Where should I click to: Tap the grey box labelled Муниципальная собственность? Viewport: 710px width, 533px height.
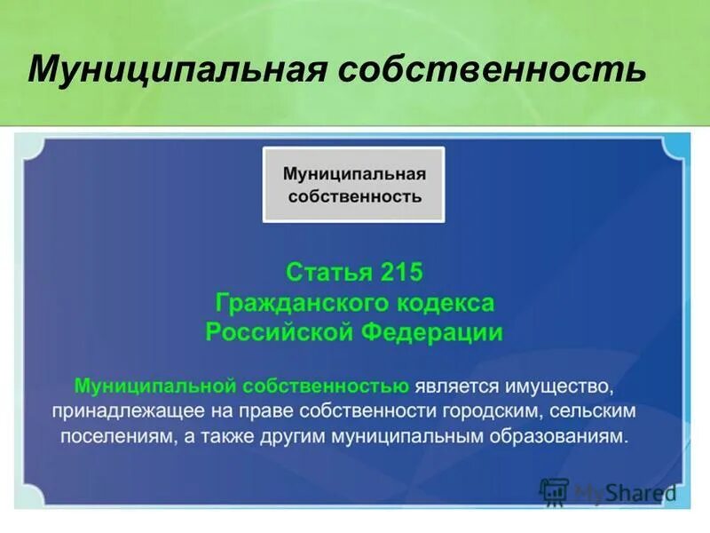click(x=353, y=185)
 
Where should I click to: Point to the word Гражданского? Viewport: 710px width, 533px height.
click(x=297, y=303)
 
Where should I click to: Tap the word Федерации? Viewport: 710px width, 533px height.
click(x=433, y=332)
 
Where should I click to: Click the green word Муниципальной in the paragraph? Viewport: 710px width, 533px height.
click(x=154, y=386)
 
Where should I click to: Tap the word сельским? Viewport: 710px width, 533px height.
click(x=591, y=412)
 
